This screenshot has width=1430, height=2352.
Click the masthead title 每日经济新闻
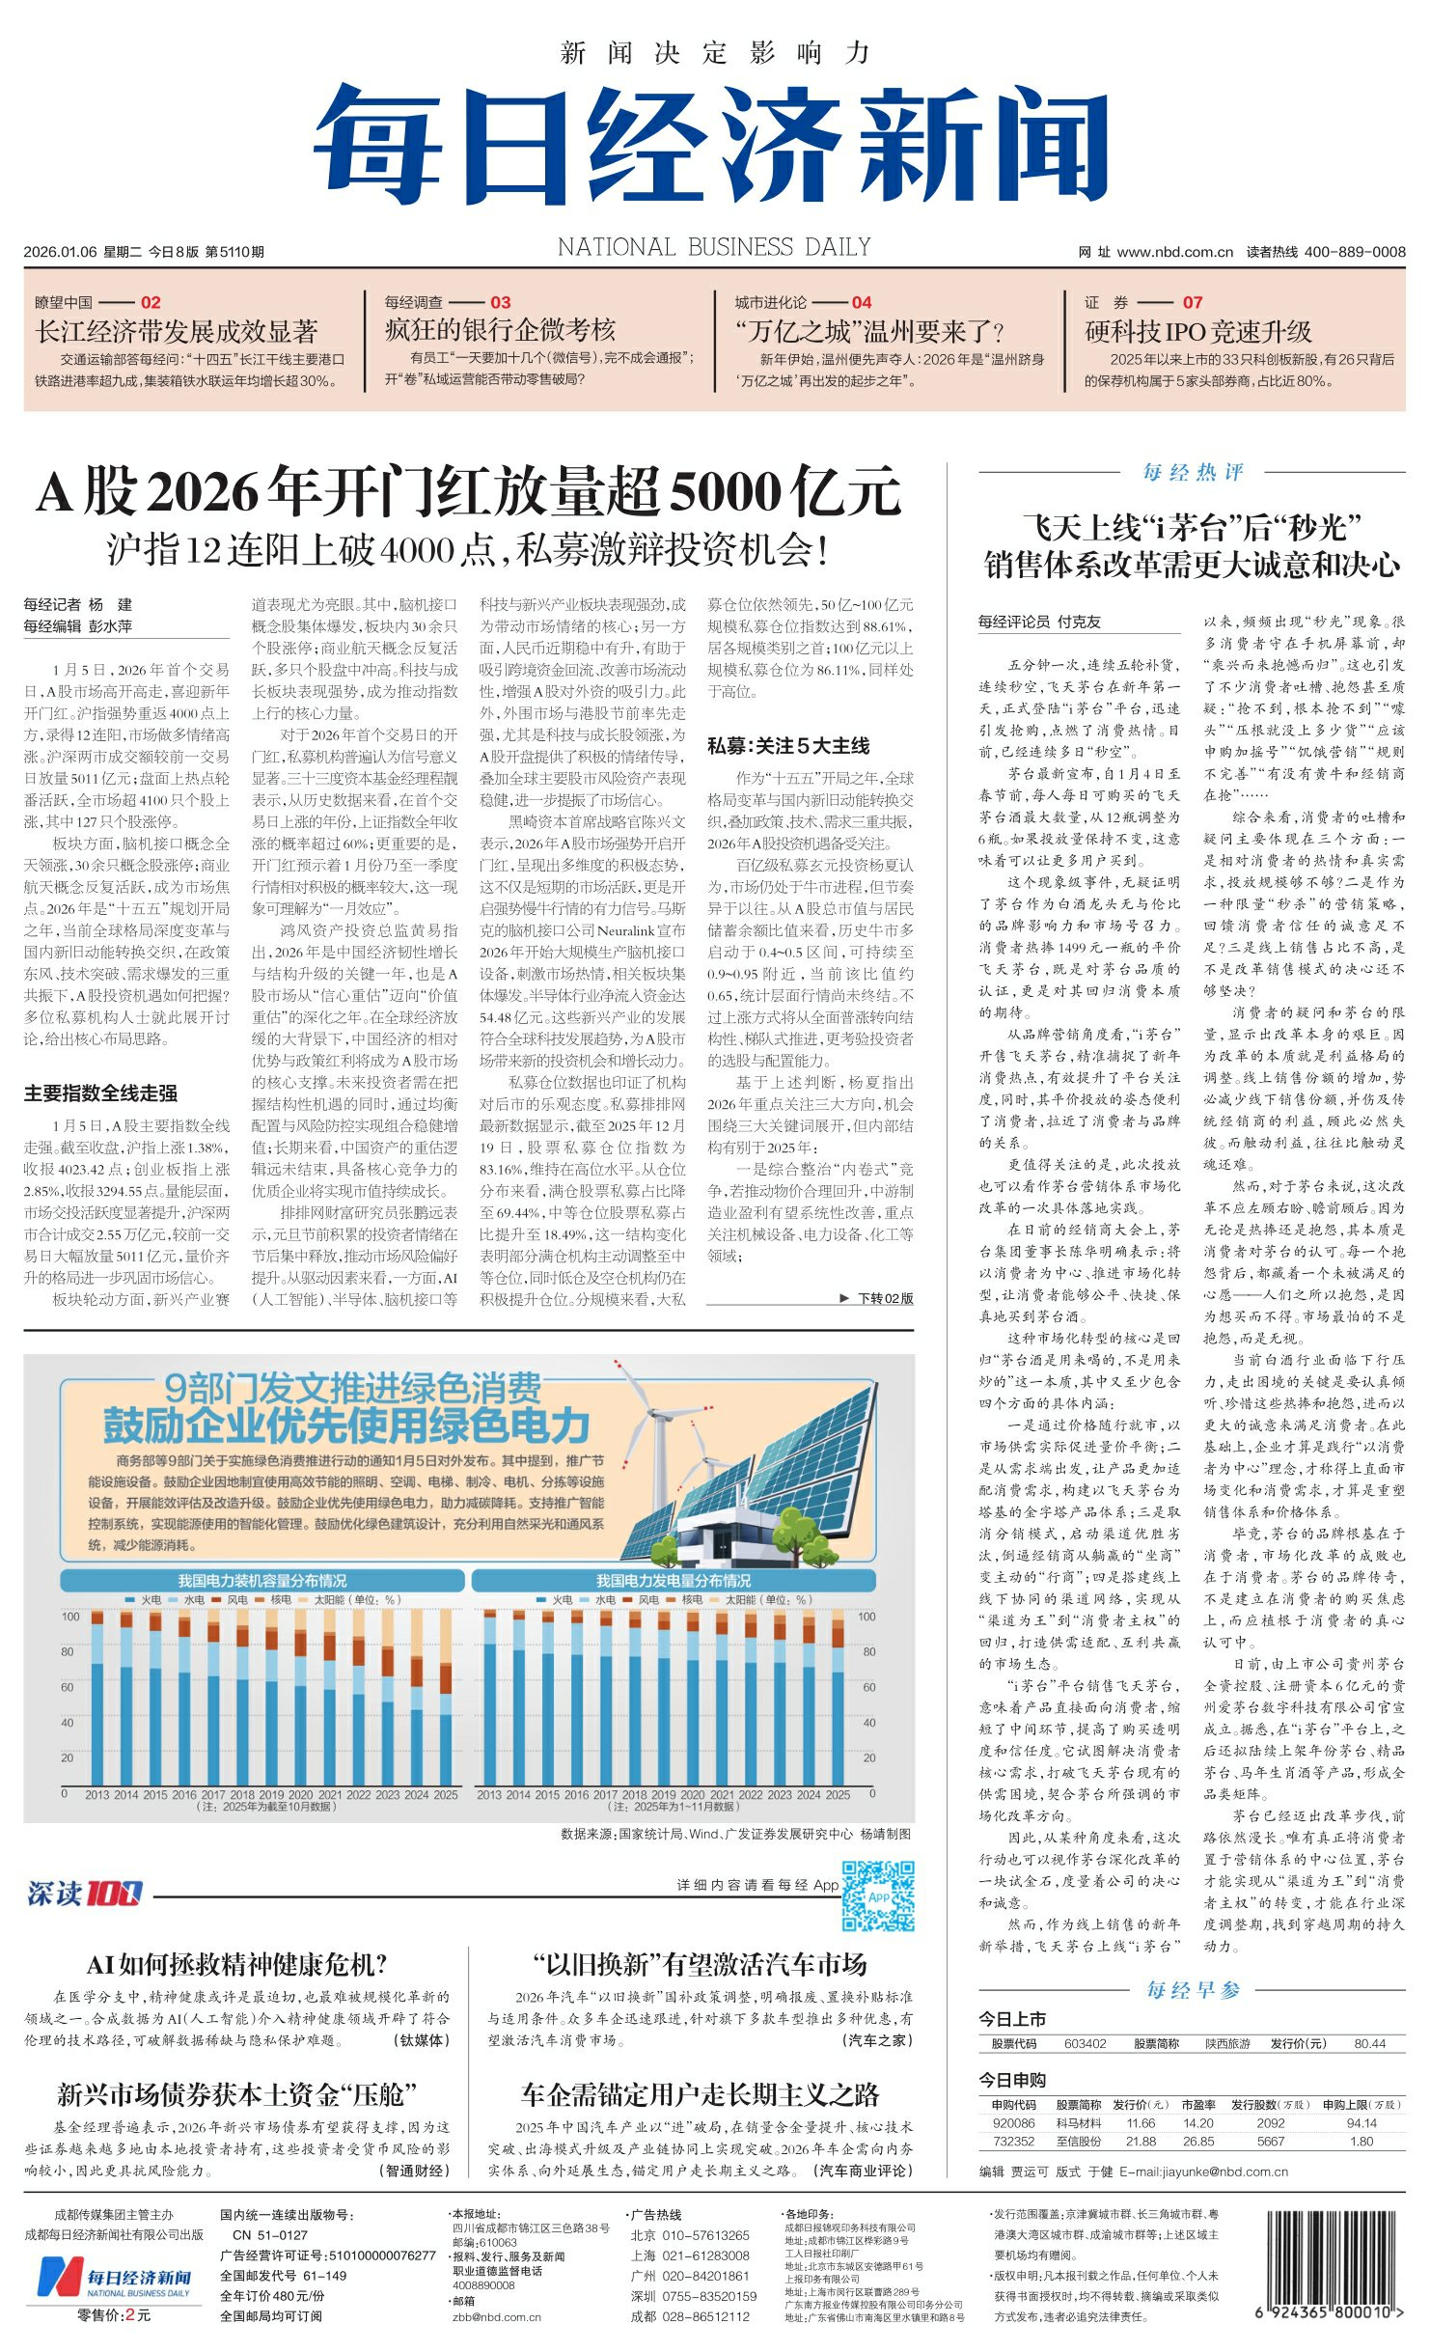(x=711, y=145)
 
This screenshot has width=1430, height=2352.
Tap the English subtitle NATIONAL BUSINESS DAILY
(x=714, y=248)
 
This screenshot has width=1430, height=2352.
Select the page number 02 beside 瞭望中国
(x=151, y=302)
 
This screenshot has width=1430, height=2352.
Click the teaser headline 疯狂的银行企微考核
(x=500, y=330)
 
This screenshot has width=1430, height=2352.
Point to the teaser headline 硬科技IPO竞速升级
(x=1197, y=332)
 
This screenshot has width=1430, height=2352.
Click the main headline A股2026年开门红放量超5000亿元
(x=469, y=492)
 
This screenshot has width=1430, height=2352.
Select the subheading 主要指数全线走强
(x=100, y=1093)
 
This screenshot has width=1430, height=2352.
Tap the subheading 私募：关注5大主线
(x=788, y=745)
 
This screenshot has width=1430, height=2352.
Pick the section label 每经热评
(x=1193, y=472)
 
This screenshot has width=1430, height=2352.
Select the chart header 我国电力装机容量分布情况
(x=261, y=1581)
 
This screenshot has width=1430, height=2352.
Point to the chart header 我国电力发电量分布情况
(x=673, y=1581)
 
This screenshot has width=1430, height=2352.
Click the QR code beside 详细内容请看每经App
(x=877, y=1896)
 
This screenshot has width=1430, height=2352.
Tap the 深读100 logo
(x=84, y=1894)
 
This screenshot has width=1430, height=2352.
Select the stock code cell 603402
(x=1085, y=2043)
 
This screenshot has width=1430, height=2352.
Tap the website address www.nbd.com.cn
(x=1174, y=252)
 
